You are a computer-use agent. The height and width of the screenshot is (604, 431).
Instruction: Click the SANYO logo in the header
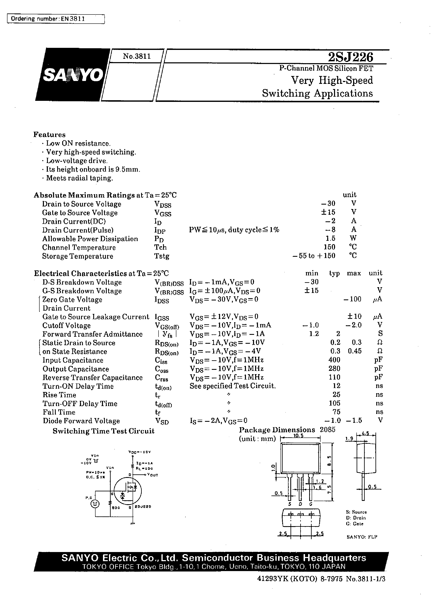(x=73, y=75)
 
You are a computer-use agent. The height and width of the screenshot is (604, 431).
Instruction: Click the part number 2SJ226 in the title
(x=350, y=57)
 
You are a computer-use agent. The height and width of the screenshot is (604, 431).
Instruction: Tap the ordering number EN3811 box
(x=56, y=19)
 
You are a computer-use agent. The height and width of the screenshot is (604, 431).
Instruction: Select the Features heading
(x=49, y=135)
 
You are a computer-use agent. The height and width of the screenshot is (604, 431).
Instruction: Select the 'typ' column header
(x=334, y=273)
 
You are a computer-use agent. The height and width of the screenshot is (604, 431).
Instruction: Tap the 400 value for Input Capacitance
(x=334, y=360)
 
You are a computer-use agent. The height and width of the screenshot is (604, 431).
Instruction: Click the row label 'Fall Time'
(x=59, y=412)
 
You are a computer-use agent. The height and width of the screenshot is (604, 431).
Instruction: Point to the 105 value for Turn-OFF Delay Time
(x=334, y=403)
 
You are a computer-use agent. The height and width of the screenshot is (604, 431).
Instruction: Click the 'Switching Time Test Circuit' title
(x=103, y=431)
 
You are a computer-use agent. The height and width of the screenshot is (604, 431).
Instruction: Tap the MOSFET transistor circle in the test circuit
(x=127, y=491)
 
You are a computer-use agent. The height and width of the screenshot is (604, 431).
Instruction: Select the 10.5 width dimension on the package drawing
(x=298, y=436)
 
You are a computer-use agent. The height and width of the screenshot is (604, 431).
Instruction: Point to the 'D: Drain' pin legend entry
(x=356, y=518)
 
